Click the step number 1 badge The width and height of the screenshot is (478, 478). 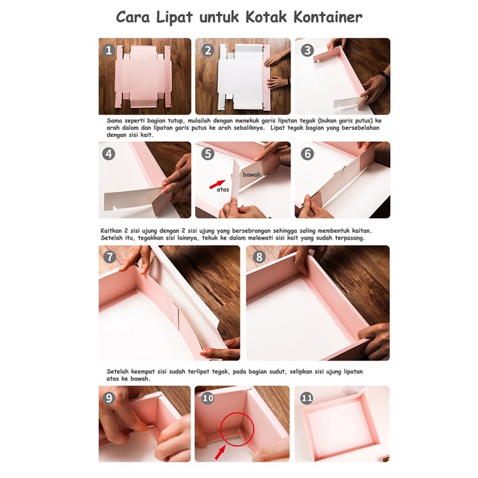pyautogui.click(x=109, y=50)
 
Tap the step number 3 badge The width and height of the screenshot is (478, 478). pyautogui.click(x=307, y=50)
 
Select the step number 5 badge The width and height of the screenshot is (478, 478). pyautogui.click(x=208, y=154)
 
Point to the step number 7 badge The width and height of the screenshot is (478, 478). pyautogui.click(x=110, y=257)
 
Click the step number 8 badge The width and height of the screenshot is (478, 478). pyautogui.click(x=259, y=257)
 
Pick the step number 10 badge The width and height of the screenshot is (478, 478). pyautogui.click(x=208, y=398)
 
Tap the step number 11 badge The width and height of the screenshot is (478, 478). pyautogui.click(x=307, y=398)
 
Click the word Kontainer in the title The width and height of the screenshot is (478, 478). pyautogui.click(x=328, y=17)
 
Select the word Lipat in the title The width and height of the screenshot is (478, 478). pyautogui.click(x=175, y=18)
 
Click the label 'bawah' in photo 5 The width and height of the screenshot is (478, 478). pyautogui.click(x=252, y=175)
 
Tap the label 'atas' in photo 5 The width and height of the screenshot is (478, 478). pyautogui.click(x=223, y=190)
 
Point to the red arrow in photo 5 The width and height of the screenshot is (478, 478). pyautogui.click(x=217, y=184)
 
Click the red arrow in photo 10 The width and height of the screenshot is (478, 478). pyautogui.click(x=220, y=452)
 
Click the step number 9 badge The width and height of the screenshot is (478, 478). pyautogui.click(x=109, y=398)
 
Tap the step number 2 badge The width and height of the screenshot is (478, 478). pyautogui.click(x=208, y=50)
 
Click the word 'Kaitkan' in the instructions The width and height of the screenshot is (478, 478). pyautogui.click(x=112, y=231)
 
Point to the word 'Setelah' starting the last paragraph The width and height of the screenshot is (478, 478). pyautogui.click(x=118, y=372)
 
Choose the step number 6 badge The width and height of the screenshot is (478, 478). pyautogui.click(x=307, y=154)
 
